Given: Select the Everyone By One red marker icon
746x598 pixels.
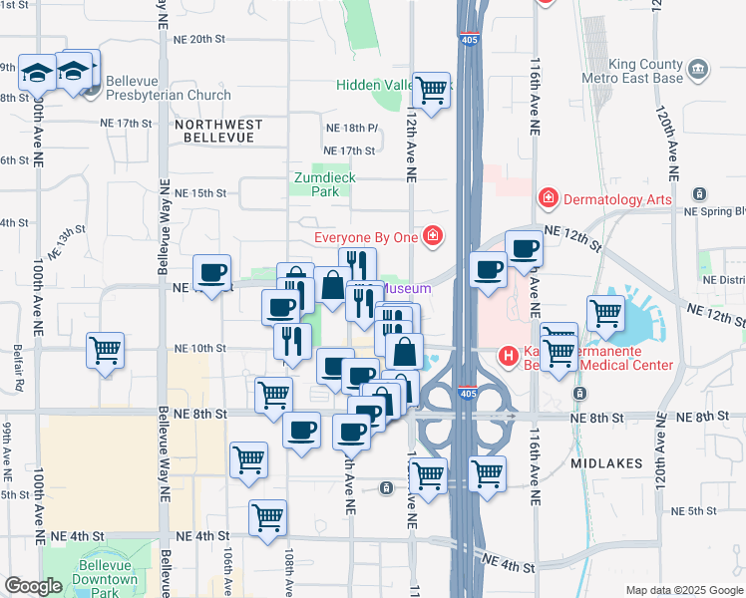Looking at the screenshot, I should point(433,236).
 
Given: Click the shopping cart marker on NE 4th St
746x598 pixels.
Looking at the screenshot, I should point(267,518).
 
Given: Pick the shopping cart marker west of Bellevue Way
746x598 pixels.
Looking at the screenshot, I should point(105,351).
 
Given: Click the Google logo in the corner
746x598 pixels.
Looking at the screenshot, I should point(33,586).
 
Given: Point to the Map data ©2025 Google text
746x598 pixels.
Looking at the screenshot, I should point(683,590).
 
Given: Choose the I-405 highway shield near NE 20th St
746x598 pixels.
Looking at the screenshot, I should point(468,40).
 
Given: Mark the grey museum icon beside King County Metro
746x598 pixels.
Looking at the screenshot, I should point(699,70).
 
